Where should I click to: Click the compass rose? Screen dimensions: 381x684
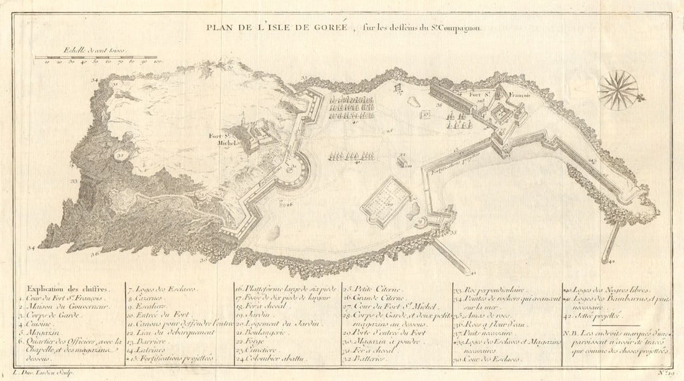click(618, 90)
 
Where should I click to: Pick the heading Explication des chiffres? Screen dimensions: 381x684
click(67, 289)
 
